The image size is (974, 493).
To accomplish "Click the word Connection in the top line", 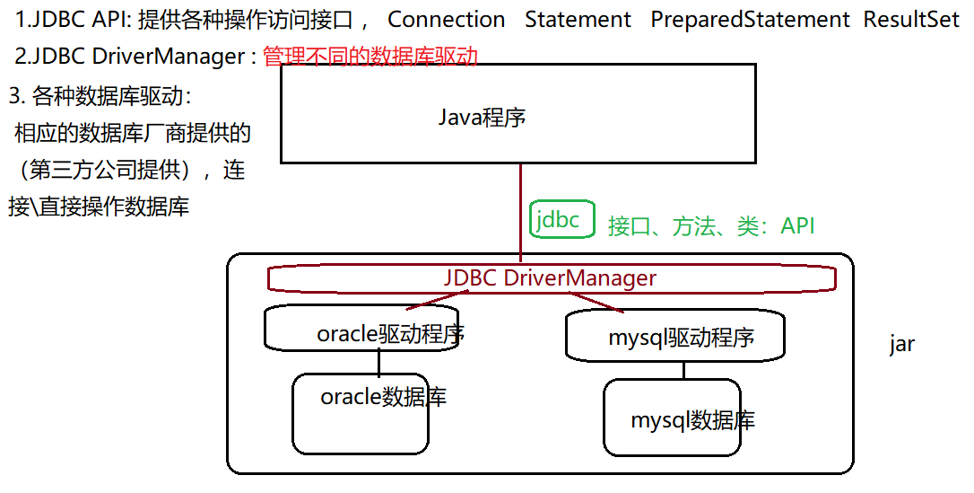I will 446,20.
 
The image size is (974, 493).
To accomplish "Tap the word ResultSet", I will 911,20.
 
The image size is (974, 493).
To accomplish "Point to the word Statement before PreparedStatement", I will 578,20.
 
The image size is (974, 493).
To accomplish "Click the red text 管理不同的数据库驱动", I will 370,57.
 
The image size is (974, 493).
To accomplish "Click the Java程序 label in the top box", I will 482,118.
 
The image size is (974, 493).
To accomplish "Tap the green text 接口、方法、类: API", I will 711,226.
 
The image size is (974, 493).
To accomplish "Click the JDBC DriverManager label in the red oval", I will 550,278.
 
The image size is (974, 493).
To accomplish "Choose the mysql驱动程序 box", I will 675,336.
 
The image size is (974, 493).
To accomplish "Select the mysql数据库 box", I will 673,418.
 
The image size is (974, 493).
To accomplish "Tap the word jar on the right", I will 901,345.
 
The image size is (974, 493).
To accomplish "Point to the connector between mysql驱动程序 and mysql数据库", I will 683,369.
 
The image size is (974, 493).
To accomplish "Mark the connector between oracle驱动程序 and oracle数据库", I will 378,362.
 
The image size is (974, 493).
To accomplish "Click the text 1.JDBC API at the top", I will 74,20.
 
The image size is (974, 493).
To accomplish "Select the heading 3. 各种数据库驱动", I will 100,96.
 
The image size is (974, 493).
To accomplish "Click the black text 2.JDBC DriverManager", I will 130,57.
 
